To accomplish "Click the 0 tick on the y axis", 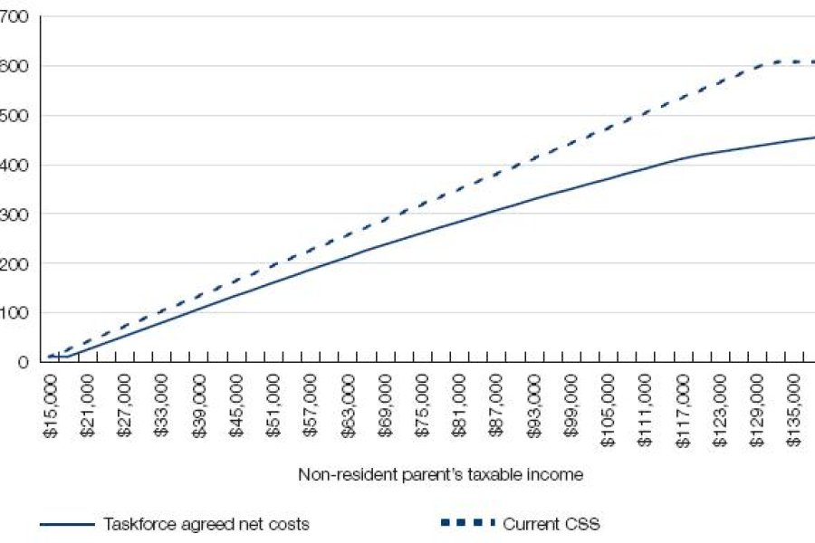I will (24, 362).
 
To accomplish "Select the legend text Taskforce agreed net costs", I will (206, 523).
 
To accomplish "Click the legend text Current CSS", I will (551, 523).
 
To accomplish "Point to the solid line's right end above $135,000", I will (809, 138).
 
